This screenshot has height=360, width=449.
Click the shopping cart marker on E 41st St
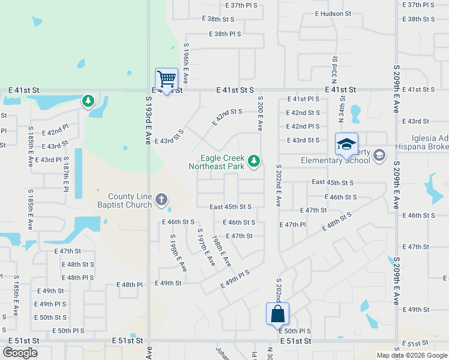click(166, 79)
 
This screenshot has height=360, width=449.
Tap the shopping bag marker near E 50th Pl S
click(277, 314)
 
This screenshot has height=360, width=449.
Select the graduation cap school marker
click(346, 145)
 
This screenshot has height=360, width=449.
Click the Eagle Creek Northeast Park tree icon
click(255, 160)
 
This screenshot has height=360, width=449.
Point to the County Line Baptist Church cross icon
click(161, 199)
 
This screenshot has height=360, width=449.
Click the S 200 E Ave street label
click(261, 113)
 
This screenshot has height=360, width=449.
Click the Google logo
click(20, 353)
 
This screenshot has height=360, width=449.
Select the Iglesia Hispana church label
click(421, 142)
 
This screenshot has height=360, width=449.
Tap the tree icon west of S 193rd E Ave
click(89, 100)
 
